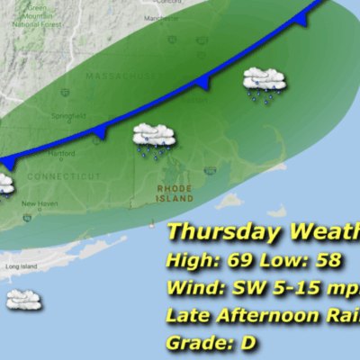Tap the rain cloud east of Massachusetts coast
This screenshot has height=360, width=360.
tap(265, 84)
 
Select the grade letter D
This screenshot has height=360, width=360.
tap(232, 343)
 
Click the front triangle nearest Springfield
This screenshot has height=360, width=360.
tap(99, 132)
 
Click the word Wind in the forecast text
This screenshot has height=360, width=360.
tap(189, 289)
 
